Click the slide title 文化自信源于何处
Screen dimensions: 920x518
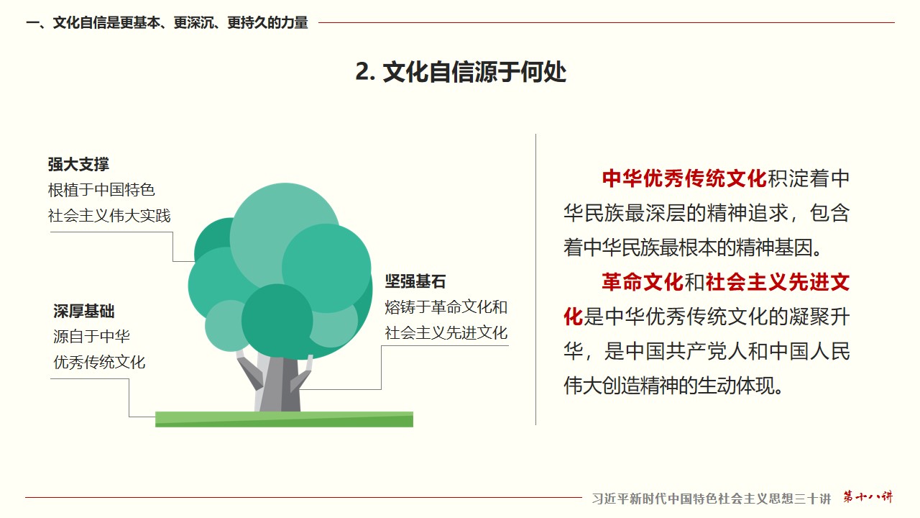click(x=474, y=72)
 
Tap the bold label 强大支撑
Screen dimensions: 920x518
click(x=78, y=165)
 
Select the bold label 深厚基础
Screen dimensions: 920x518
click(x=84, y=312)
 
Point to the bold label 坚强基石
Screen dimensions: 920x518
click(x=415, y=281)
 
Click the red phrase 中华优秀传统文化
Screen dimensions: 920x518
click(x=684, y=179)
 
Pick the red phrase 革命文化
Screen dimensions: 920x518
click(x=643, y=283)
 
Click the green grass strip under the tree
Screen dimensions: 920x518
click(x=284, y=419)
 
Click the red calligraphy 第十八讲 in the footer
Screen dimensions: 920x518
click(x=868, y=496)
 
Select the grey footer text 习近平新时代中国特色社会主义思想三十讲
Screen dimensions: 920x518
click(x=712, y=499)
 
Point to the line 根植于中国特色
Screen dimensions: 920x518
click(x=101, y=190)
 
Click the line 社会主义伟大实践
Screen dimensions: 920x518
click(x=109, y=215)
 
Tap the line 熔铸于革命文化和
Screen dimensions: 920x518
click(x=446, y=307)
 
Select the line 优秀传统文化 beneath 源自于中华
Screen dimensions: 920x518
click(x=99, y=362)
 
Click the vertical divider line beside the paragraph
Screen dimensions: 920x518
click(x=535, y=280)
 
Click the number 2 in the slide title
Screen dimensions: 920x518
click(x=363, y=72)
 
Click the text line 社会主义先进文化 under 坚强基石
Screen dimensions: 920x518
click(x=446, y=332)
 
